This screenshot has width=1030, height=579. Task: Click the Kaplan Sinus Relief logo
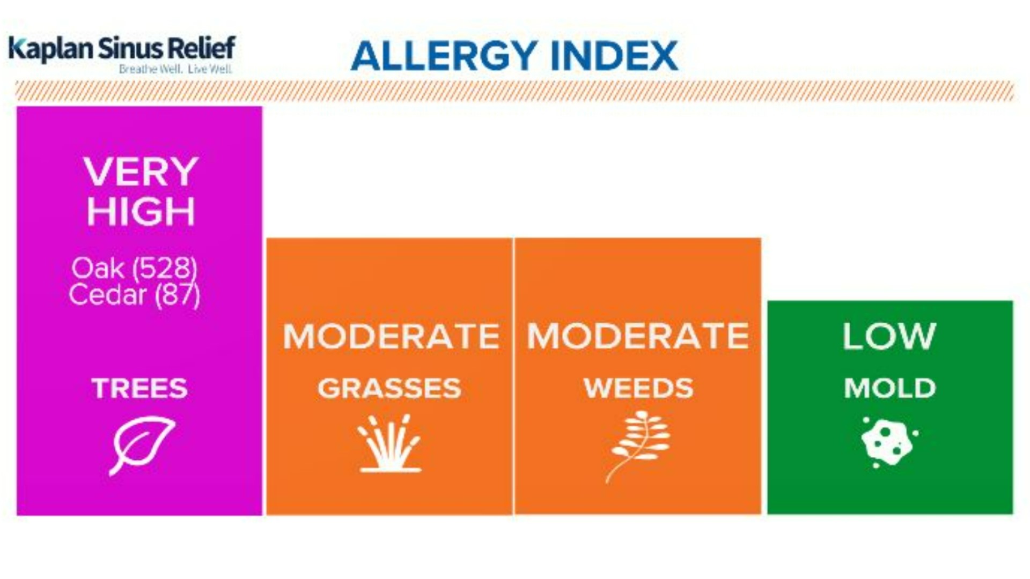122,48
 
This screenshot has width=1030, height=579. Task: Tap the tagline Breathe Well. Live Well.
175,69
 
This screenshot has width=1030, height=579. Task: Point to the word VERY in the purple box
141,172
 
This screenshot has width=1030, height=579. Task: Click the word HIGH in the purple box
141,211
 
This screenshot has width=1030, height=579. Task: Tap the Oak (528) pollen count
134,268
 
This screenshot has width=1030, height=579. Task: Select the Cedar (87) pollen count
134,295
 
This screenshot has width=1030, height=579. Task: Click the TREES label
139,388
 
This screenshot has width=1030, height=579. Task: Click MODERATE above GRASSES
391,336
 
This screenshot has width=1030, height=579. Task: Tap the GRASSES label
389,388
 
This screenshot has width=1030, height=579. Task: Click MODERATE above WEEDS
638,336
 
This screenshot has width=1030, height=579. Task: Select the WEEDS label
638,388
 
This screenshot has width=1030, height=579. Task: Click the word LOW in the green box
889,336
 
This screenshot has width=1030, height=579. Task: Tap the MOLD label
890,388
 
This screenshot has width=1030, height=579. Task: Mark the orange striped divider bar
515,91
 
